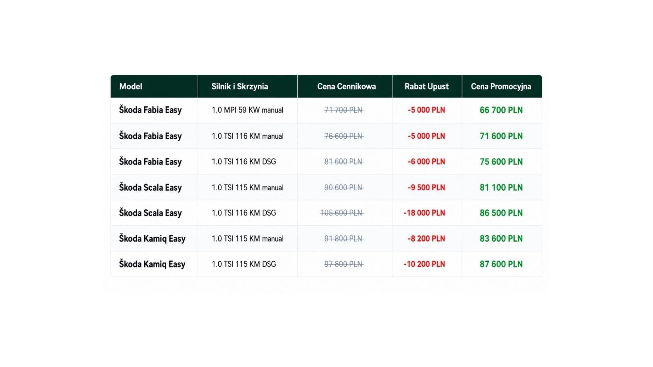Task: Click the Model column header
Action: tap(131, 86)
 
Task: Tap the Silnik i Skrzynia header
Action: tap(240, 86)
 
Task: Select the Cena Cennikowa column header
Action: tap(347, 86)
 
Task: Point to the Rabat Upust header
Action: tap(426, 87)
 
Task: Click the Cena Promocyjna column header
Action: tap(501, 87)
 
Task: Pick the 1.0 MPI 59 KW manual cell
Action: tap(248, 110)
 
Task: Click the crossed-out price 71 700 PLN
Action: tap(344, 110)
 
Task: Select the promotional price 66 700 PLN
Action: tap(501, 110)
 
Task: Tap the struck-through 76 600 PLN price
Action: tap(344, 136)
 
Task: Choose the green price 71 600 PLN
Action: tap(501, 136)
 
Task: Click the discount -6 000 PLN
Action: tap(426, 162)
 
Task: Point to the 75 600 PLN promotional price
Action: tap(501, 162)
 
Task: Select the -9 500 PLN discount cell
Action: tap(426, 188)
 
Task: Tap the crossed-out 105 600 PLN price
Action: tap(342, 213)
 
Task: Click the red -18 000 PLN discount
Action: tap(424, 213)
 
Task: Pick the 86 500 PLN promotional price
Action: tap(501, 213)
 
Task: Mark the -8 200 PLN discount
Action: tap(426, 239)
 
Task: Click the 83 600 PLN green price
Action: tap(501, 239)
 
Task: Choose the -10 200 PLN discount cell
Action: tap(424, 264)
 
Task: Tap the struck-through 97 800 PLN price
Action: tap(344, 264)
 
